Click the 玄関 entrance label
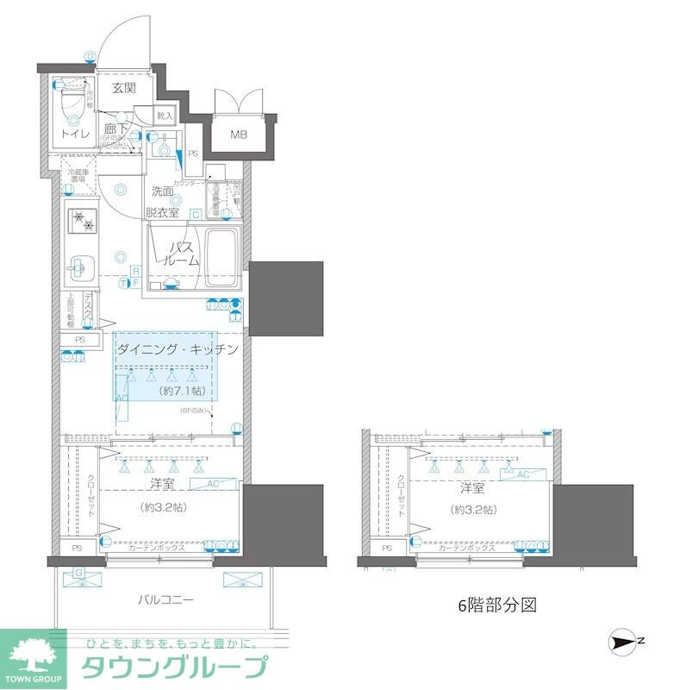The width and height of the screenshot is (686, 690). tap(123, 87)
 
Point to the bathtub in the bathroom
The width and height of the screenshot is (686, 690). tap(222, 260)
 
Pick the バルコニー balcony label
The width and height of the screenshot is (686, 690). tap(165, 599)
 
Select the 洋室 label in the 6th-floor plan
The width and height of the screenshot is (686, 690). tap(471, 487)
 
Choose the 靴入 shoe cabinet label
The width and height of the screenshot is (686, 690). tap(165, 115)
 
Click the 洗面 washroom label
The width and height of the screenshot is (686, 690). tap(163, 191)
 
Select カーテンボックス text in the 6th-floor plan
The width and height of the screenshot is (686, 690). tap(466, 548)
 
